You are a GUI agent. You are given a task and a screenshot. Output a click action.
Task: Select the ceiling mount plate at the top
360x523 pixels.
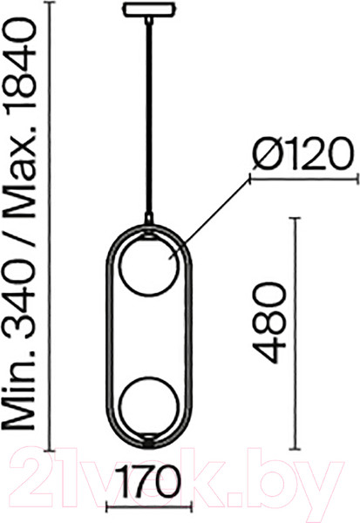click(148, 13)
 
